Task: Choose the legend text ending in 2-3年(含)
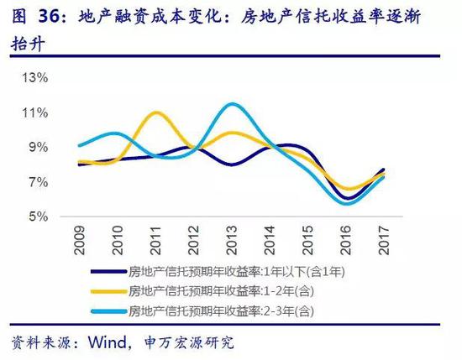point(223,310)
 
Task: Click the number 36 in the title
point(45,15)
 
